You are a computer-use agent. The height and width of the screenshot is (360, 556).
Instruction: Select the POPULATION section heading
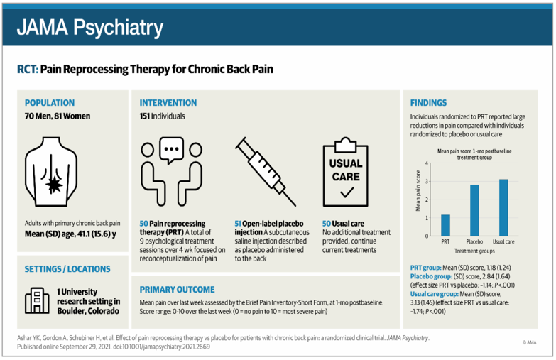coord(49,103)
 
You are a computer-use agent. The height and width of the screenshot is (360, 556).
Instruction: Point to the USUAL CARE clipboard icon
coord(346,170)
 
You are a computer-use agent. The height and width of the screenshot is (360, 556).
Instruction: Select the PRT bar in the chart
coord(445,225)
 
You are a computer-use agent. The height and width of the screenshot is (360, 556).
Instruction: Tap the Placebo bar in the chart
coord(474,210)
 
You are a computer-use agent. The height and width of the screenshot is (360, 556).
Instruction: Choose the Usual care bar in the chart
coord(503,207)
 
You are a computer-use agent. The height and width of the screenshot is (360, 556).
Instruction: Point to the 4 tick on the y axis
coord(427,163)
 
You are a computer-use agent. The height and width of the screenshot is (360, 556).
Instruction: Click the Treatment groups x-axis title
coord(474,251)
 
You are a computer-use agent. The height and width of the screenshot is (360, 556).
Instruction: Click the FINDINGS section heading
coord(429,103)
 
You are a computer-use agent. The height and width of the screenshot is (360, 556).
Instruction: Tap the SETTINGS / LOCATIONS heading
coord(67,269)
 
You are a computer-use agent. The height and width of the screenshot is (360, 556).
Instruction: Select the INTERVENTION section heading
coord(168,103)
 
